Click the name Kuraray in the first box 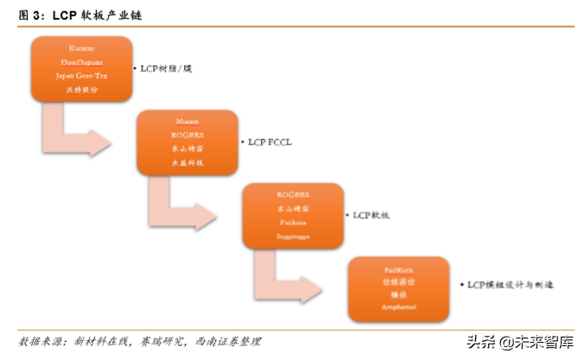82,48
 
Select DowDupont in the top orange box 82,63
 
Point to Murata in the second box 187,123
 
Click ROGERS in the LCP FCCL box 187,136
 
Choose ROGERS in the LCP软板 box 293,195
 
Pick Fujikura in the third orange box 293,222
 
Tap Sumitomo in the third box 293,236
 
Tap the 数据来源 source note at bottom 138,341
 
